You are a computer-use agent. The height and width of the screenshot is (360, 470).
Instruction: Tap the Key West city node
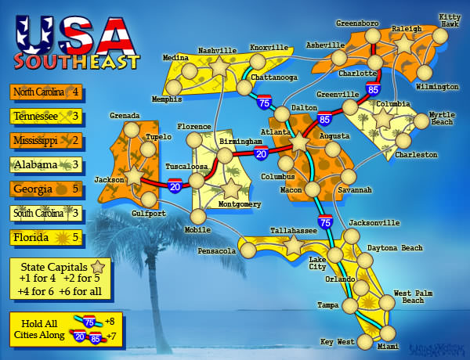(365, 342)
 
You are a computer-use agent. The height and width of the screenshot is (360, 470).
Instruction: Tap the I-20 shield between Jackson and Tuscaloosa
(175, 185)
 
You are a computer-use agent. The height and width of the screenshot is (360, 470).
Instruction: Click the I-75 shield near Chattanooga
(264, 102)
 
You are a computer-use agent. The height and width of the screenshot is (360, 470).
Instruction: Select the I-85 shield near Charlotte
(372, 92)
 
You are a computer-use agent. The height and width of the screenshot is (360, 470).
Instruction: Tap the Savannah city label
(355, 190)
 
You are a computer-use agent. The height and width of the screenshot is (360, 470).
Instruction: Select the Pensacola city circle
(248, 250)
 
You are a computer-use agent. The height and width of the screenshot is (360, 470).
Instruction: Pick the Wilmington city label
(438, 86)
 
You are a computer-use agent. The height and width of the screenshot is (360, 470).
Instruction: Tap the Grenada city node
(130, 129)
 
